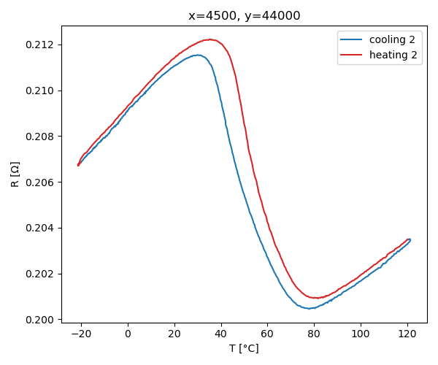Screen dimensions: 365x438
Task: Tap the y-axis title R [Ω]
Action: pos(15,174)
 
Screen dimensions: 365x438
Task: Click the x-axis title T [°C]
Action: pos(244,348)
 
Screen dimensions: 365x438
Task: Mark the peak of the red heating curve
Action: pos(210,39)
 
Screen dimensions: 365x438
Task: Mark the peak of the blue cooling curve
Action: pos(198,55)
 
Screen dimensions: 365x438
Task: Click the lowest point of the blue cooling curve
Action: pos(310,308)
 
